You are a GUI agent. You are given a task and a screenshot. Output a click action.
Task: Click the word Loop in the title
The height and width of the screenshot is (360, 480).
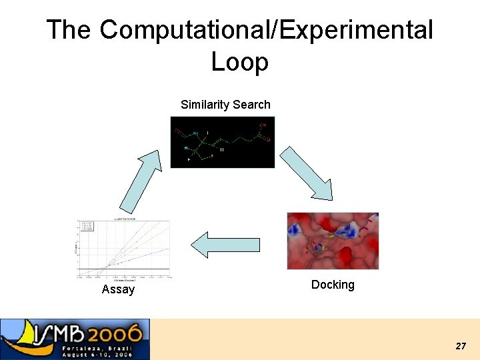(x=239, y=62)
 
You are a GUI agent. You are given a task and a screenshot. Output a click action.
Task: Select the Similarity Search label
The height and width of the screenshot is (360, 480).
(x=225, y=105)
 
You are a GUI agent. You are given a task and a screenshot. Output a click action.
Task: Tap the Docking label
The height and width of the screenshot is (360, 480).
(x=333, y=285)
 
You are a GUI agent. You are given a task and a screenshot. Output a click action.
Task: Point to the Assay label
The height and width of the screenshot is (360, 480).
(x=118, y=289)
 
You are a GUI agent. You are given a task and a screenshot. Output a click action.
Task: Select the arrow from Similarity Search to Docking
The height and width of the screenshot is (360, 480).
(x=306, y=173)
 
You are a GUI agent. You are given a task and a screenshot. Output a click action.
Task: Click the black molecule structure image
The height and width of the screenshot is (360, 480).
(x=222, y=142)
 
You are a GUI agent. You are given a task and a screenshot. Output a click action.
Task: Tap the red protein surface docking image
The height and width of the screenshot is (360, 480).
(x=333, y=241)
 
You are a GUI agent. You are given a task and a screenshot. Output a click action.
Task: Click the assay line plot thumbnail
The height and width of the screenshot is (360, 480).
(x=124, y=249)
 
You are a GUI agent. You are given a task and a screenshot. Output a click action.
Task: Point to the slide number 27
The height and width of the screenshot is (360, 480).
(x=460, y=346)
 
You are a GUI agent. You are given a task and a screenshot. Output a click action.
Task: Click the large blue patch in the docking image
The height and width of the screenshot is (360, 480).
(x=346, y=231)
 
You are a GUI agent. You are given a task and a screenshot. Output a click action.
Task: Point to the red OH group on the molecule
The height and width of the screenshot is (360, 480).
(x=263, y=125)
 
